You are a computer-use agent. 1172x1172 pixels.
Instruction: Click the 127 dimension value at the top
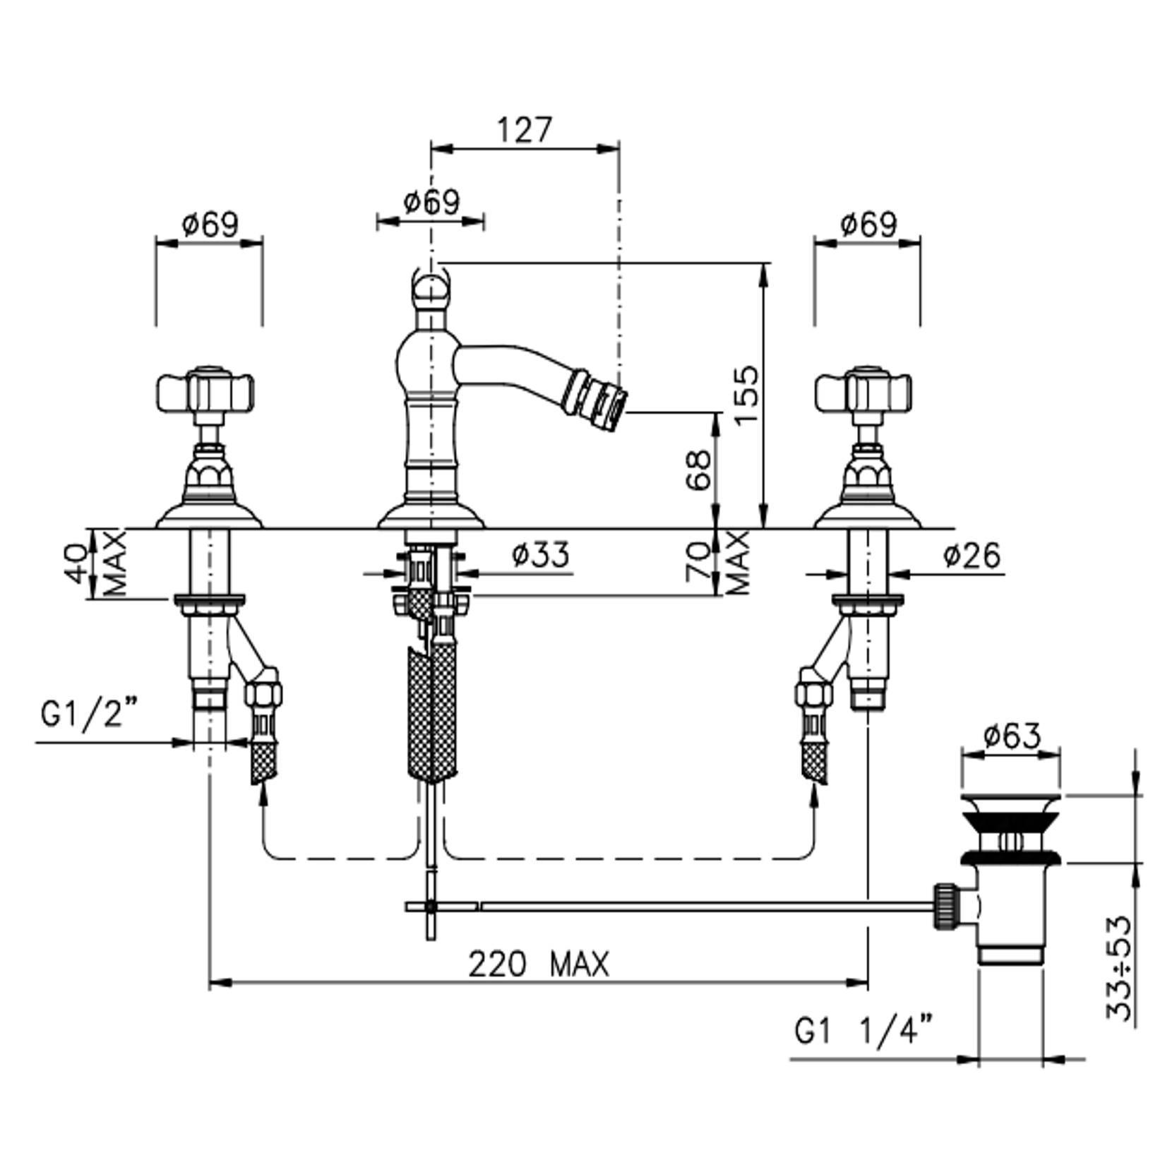pos(523,130)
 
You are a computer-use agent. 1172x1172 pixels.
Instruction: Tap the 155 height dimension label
pos(746,395)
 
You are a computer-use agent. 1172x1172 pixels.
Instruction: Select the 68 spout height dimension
pos(698,470)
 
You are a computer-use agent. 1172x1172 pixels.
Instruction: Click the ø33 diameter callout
pos(541,554)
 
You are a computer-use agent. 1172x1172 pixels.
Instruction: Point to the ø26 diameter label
pos(972,556)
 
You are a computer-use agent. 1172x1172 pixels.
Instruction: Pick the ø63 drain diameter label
pos(1012,736)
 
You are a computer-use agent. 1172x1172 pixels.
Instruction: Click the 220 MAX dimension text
pos(539,964)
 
